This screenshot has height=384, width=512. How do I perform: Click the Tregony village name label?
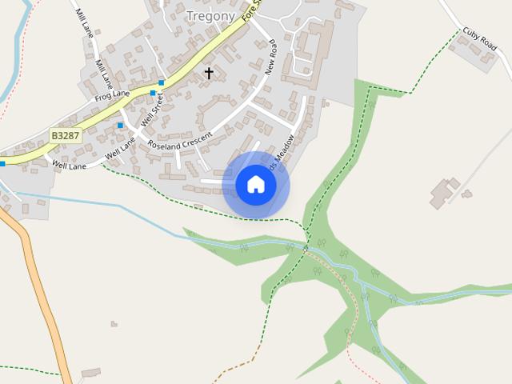click(210, 16)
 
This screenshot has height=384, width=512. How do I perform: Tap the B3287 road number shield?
click(66, 136)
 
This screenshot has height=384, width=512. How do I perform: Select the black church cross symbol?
click(209, 74)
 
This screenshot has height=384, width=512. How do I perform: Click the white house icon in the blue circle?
click(256, 185)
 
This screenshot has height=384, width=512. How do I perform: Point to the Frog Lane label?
click(111, 95)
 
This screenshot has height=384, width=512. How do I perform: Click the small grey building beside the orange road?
click(90, 373)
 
